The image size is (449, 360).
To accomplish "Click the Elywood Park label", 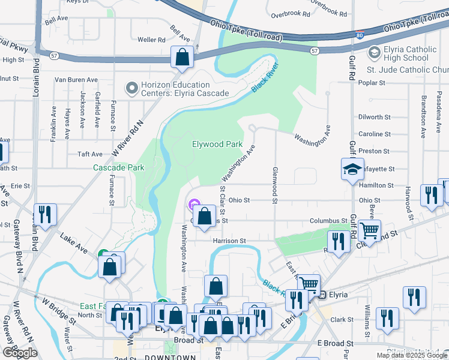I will click(217, 144).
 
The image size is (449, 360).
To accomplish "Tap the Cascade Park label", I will click(118, 168).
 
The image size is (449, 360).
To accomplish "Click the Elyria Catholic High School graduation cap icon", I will click(375, 54).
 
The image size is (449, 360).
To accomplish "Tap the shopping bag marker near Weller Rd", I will click(182, 58).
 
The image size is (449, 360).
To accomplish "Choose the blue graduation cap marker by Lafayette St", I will click(352, 170).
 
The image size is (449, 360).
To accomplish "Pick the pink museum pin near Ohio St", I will click(193, 205).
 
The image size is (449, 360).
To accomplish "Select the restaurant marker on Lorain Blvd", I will click(44, 214).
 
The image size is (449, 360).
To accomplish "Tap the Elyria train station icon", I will click(322, 295).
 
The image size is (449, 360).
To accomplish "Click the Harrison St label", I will click(229, 241).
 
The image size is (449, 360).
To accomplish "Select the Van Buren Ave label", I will click(76, 79).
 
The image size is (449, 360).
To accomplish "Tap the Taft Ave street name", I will click(90, 154).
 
